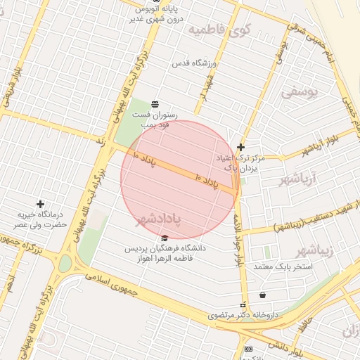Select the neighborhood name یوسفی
click(x=300, y=91)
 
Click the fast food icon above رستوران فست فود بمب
click(x=155, y=104)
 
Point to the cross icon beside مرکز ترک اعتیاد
click(x=241, y=147)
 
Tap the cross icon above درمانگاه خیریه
click(x=40, y=204)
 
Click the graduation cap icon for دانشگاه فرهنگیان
click(x=165, y=238)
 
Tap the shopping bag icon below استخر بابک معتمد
click(x=263, y=295)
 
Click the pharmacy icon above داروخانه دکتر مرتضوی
click(x=243, y=306)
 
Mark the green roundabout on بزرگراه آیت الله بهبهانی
click(x=65, y=264)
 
